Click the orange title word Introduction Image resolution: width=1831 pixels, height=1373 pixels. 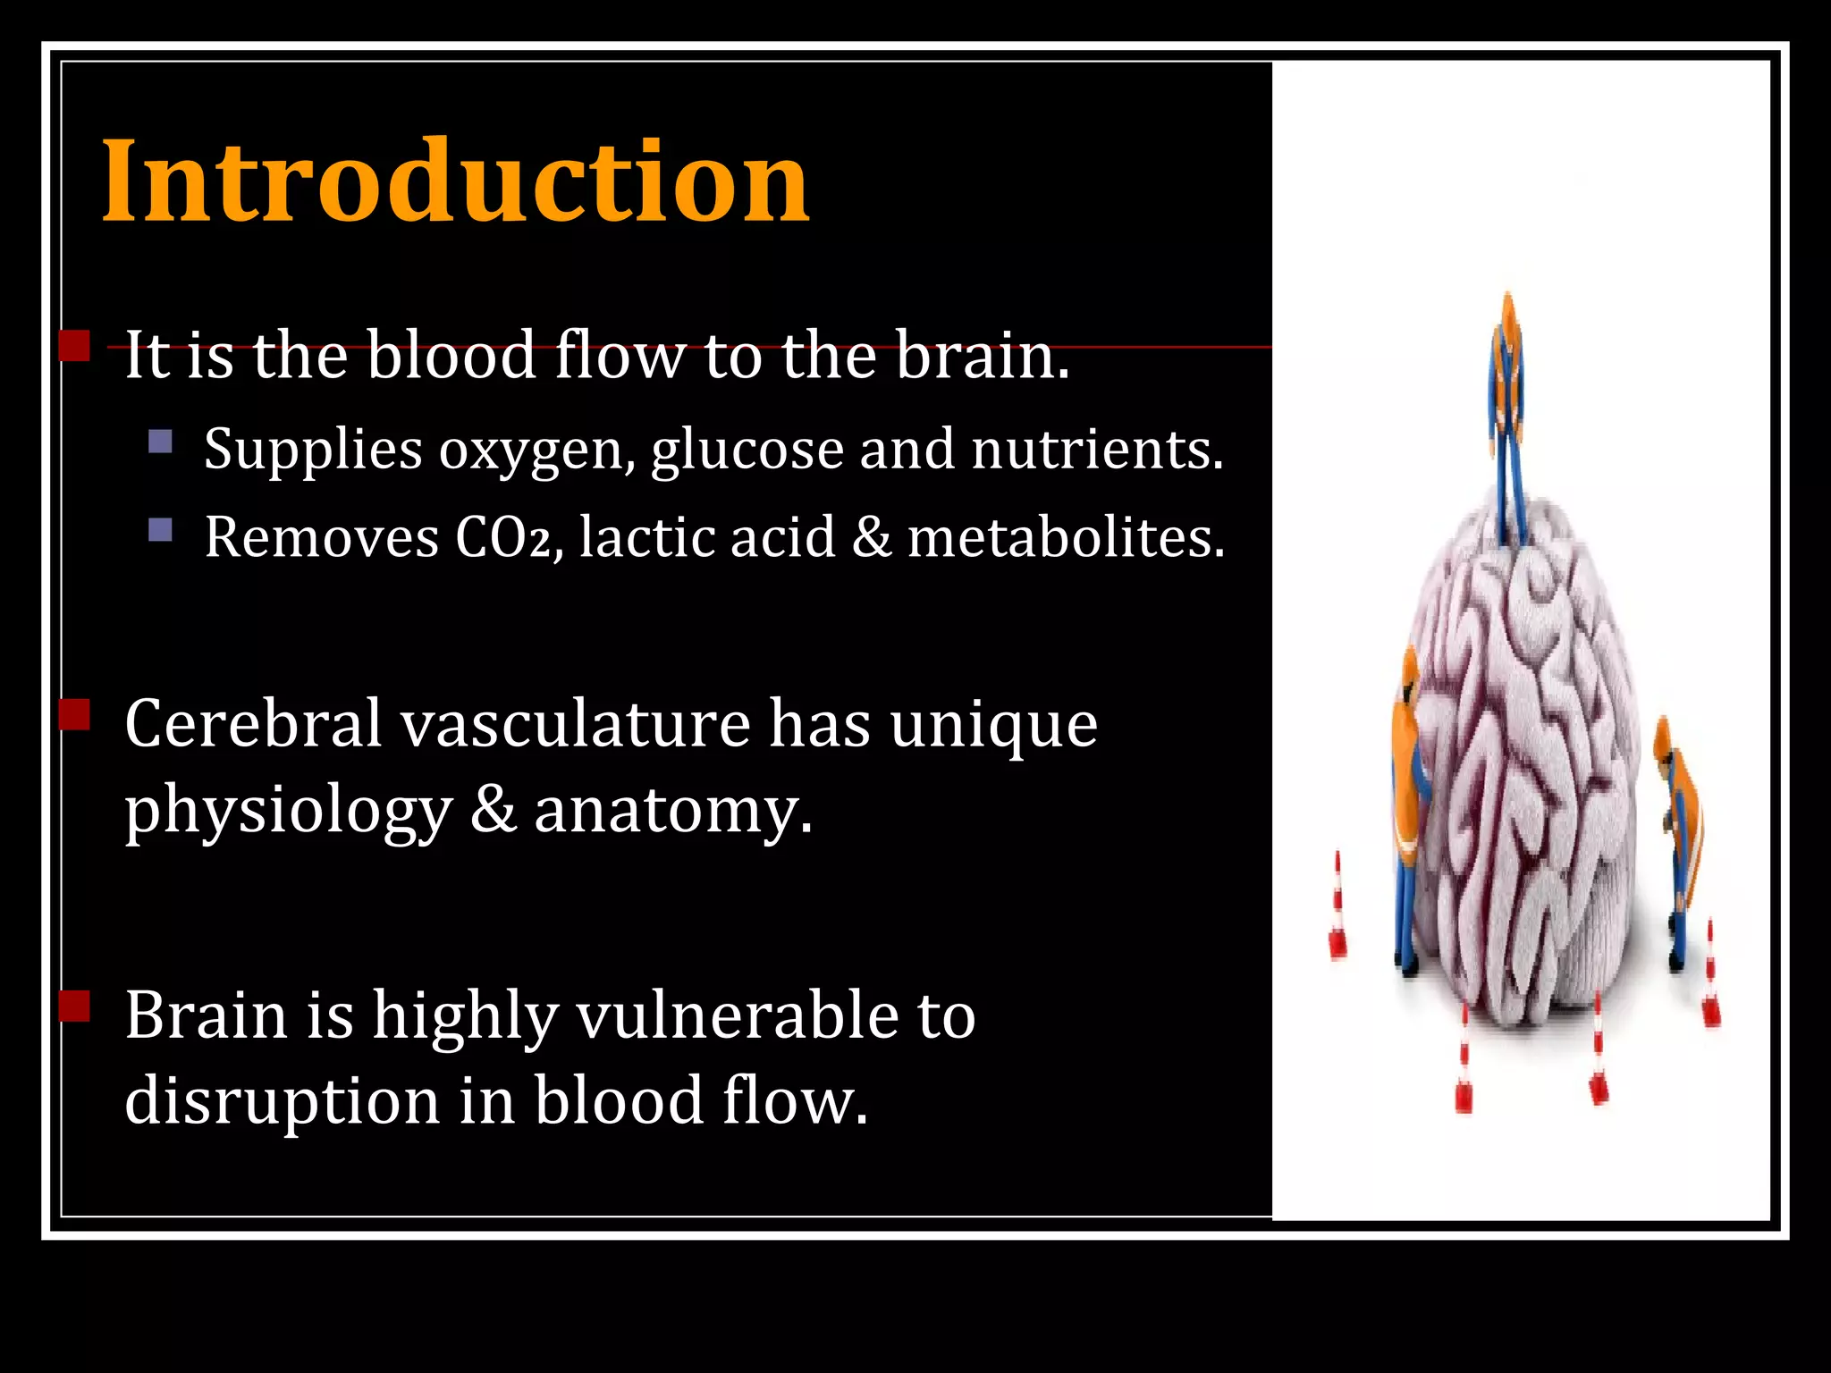coord(456,182)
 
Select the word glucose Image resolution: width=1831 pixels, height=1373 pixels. coord(747,450)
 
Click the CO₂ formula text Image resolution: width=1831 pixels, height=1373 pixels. coord(504,538)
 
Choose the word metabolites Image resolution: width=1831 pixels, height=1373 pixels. coord(1066,537)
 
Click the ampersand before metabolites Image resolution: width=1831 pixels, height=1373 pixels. coord(872,537)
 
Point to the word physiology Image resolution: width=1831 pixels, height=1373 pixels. coord(288,813)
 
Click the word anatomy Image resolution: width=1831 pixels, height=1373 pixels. coord(673,811)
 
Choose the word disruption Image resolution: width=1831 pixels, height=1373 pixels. coord(282,1100)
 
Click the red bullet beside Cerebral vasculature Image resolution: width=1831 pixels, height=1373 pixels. coord(75,715)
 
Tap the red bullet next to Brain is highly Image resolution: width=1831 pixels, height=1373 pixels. coord(75,1006)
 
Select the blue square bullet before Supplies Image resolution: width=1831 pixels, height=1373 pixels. coord(161,442)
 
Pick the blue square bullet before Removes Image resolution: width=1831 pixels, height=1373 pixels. coord(161,531)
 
